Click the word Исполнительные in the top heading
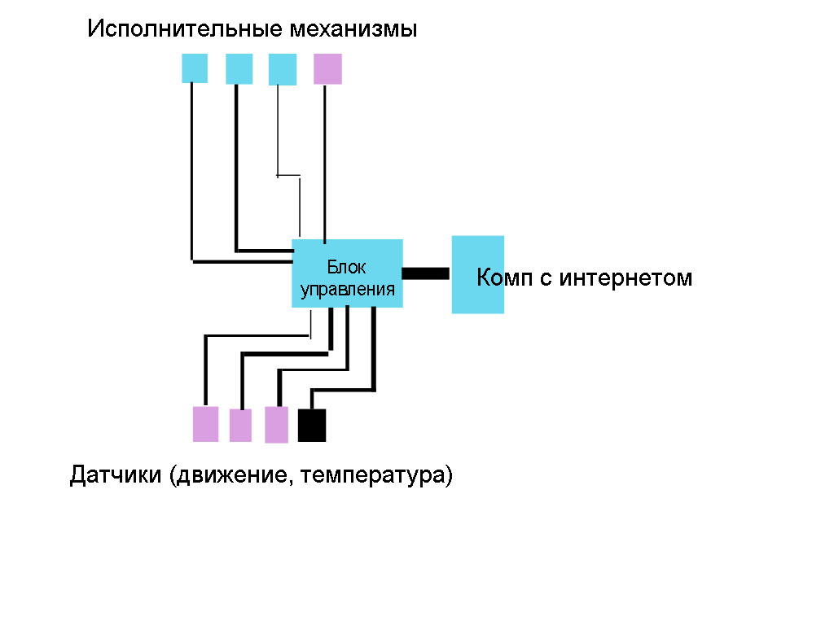click(x=186, y=30)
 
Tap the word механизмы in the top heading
click(x=353, y=30)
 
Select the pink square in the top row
click(x=327, y=69)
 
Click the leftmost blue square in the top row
click(x=194, y=68)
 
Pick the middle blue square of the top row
click(x=239, y=68)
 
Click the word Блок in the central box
click(x=347, y=267)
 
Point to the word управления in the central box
click(x=348, y=290)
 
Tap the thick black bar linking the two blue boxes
click(x=426, y=273)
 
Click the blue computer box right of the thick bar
click(x=478, y=274)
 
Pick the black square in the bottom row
click(x=312, y=425)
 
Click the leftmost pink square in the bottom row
click(x=205, y=424)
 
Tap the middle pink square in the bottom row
click(x=240, y=425)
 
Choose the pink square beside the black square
click(x=277, y=424)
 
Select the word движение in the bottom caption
click(x=230, y=475)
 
